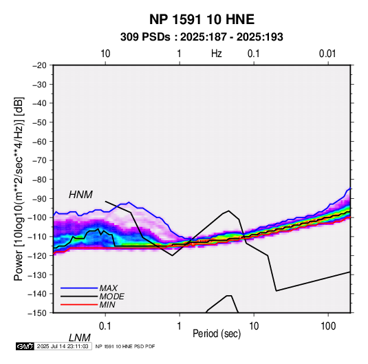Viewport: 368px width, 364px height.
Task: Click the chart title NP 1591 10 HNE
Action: [202, 19]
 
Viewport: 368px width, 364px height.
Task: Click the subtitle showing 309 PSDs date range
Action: [202, 37]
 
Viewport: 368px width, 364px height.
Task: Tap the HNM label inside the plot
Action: [80, 195]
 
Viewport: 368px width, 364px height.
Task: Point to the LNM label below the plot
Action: [79, 338]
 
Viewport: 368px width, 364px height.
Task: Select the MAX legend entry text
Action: [109, 288]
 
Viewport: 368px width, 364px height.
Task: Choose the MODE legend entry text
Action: [111, 297]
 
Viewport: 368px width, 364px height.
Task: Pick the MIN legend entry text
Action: [107, 305]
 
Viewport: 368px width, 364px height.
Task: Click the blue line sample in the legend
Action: [79, 288]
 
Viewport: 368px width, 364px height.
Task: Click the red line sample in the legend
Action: [79, 305]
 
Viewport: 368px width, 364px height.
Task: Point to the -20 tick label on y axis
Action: [39, 65]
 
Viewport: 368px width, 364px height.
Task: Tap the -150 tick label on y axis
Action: [37, 313]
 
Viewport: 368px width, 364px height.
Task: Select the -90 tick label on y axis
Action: [39, 199]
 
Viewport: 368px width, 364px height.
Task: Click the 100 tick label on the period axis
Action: [328, 326]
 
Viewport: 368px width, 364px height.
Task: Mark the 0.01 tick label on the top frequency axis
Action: [327, 54]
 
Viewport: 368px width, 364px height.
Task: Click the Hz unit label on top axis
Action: [217, 54]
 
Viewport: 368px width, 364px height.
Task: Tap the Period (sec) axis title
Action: [217, 334]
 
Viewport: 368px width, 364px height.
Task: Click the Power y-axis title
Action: [19, 189]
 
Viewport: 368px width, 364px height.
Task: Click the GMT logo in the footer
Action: [25, 346]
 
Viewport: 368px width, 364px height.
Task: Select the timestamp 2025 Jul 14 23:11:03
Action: [63, 346]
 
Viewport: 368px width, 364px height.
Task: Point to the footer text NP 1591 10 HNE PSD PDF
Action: [125, 346]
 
